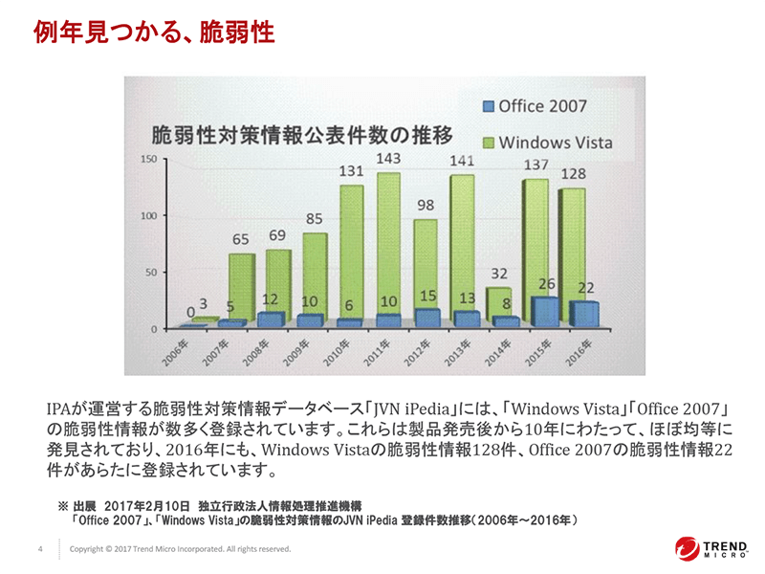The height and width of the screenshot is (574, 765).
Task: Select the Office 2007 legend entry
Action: pos(535,106)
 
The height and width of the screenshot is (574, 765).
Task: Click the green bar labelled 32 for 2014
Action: pos(498,300)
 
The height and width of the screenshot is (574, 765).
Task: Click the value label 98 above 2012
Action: pos(425,206)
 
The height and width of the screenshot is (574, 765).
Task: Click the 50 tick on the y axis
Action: pos(148,273)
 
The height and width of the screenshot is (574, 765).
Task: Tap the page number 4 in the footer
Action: pos(39,549)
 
